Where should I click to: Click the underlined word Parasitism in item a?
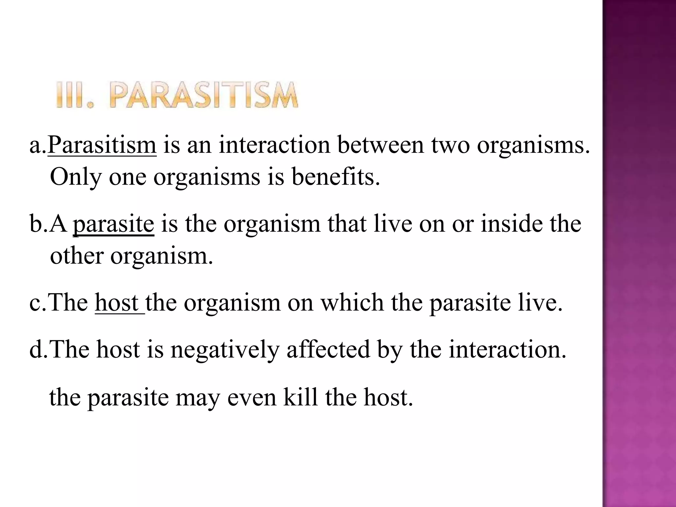coord(102,145)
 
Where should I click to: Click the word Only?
coord(76,178)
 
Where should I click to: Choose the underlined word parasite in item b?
coord(113,224)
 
